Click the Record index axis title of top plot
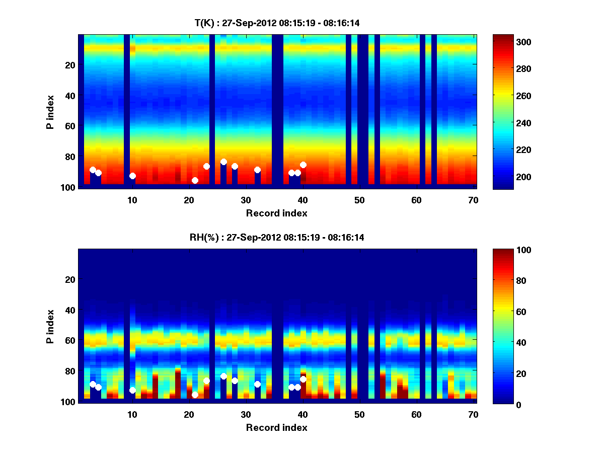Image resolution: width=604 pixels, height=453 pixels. [x=277, y=213]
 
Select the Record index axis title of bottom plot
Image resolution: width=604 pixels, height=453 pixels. [x=277, y=427]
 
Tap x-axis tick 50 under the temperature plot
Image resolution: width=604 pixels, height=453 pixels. [x=359, y=200]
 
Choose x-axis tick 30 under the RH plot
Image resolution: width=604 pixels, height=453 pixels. [x=246, y=414]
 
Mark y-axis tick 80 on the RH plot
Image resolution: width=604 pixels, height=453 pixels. [x=69, y=371]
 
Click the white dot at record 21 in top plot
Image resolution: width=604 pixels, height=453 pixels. [x=195, y=180]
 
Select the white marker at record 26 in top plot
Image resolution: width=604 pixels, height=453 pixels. [x=223, y=162]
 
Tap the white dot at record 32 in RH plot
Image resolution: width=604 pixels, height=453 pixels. [x=257, y=384]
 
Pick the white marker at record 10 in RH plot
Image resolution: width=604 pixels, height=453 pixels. [x=132, y=390]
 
